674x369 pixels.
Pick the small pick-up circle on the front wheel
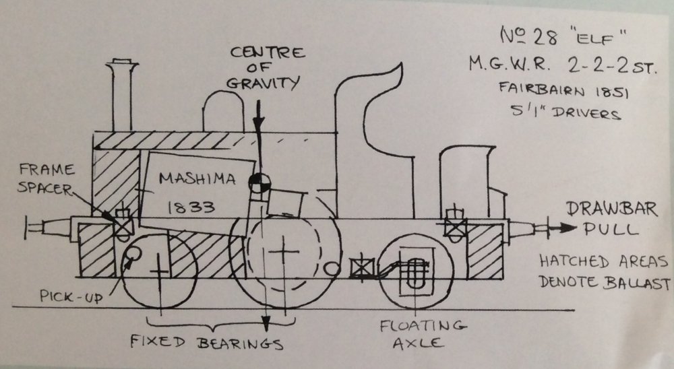(133, 254)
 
